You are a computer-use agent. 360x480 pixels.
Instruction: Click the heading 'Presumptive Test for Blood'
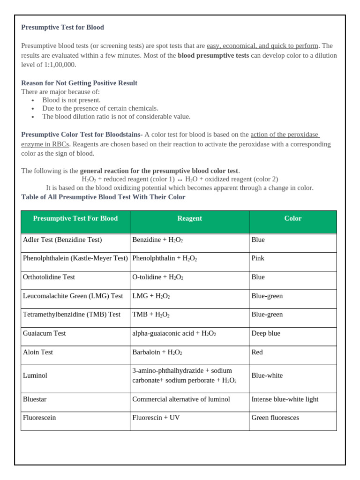coord(62,27)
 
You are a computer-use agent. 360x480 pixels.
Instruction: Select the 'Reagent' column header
coord(189,218)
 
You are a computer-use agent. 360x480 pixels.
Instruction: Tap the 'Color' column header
coord(292,218)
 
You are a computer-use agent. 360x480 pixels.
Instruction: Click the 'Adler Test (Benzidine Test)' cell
coord(62,240)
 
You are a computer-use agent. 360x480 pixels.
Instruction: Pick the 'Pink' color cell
coord(258,258)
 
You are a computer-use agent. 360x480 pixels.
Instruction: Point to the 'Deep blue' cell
coord(266,333)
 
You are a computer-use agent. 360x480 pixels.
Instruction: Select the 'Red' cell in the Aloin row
coord(257,352)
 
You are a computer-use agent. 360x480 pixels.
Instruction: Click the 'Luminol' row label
coord(35,375)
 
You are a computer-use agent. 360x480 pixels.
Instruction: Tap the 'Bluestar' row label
coord(35,399)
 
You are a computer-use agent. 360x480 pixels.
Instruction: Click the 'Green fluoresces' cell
coord(275,418)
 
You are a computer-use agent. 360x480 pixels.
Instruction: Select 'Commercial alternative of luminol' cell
coord(181,399)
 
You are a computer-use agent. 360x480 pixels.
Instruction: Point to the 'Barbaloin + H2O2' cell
coord(157,352)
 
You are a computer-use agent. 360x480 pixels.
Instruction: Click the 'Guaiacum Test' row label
coord(45,333)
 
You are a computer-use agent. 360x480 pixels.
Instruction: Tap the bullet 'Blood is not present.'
coord(71,100)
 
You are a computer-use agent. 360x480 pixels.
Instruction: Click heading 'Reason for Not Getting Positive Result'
coord(79,83)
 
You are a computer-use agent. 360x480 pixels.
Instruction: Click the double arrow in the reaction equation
coord(180,180)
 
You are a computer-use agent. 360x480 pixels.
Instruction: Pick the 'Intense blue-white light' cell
coord(285,399)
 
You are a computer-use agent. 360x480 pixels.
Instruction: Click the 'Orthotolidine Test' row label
coord(49,277)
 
